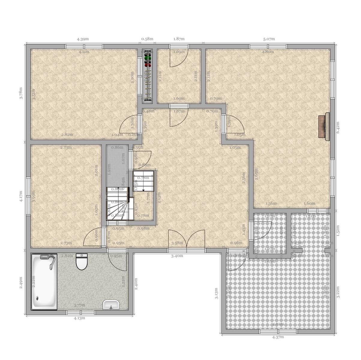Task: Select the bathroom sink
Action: coord(111,305)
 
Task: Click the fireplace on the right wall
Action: coord(324,126)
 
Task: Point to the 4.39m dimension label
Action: coord(83,39)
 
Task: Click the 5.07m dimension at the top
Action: coord(269,39)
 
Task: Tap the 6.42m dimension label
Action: coord(338,127)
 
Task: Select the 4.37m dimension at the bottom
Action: coord(278,337)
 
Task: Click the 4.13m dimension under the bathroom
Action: coord(79,318)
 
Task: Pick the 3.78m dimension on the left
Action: coord(21,93)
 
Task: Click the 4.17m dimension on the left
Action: coord(21,197)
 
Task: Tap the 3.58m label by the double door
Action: coord(177,243)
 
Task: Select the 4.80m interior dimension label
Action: coord(268,52)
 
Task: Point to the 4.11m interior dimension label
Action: coord(84,52)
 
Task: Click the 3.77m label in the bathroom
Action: coord(80,305)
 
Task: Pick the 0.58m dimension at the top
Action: coord(147,39)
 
